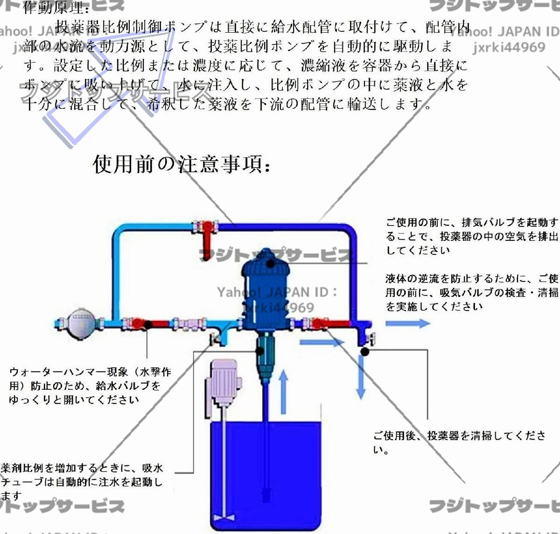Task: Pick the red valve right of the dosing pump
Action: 318,323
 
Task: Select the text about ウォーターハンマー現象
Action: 89,386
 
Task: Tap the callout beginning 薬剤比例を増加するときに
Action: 82,481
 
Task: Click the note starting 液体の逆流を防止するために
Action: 471,292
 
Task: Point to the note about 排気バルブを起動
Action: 471,236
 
